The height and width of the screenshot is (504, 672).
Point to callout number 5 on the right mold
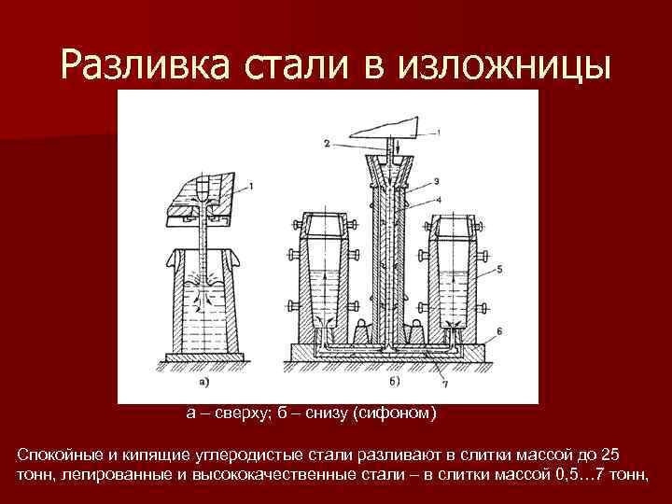pos(500,269)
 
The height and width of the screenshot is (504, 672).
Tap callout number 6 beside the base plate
pos(500,330)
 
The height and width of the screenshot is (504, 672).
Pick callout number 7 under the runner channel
pos(445,384)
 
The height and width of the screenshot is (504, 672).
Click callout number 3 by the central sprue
pos(437,179)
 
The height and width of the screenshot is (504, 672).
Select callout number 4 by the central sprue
pos(437,200)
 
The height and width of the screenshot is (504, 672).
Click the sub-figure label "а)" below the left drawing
pos(203,381)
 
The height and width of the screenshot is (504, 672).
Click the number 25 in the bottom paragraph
pos(608,455)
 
